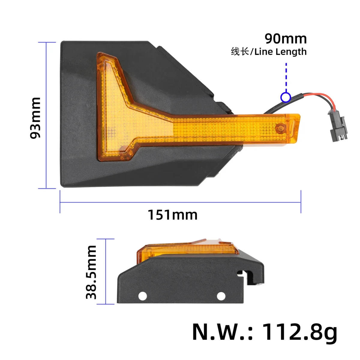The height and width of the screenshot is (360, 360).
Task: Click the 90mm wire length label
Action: click(x=286, y=39)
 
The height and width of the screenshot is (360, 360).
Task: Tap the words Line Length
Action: click(x=280, y=52)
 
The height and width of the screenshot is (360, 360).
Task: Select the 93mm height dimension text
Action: click(x=35, y=118)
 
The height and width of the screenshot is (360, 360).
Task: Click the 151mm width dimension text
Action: click(x=172, y=215)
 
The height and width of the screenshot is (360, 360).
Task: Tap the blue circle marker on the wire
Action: click(x=286, y=97)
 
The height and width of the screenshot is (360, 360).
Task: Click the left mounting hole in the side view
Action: click(x=142, y=296)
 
